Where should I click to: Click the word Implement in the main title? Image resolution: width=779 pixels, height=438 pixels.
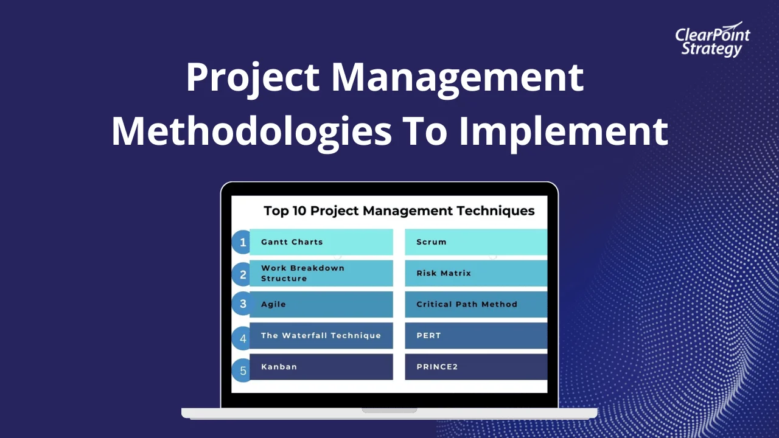point(563,131)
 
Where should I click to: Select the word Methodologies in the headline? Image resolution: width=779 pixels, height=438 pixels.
point(251,131)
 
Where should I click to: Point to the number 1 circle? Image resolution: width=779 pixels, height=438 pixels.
point(243,242)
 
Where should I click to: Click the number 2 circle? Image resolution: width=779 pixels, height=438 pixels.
point(243,274)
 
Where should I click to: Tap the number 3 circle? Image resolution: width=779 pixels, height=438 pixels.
point(243,304)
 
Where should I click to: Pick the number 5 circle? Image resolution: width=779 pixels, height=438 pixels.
point(243,369)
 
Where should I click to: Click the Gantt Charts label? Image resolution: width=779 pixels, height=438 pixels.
point(292,242)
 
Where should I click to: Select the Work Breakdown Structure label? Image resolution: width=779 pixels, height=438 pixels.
point(302,273)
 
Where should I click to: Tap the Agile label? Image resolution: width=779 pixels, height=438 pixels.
point(273,304)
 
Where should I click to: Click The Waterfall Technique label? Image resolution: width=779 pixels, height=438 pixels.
point(321,335)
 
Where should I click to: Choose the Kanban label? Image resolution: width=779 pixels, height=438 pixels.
point(279,367)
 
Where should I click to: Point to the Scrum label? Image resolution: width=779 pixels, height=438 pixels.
point(431,242)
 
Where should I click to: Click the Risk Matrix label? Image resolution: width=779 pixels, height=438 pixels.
point(444,273)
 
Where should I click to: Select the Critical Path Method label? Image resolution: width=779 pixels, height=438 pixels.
point(467,304)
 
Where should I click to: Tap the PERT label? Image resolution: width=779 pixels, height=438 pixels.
point(428,335)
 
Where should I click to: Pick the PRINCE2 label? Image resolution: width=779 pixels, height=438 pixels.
point(437,367)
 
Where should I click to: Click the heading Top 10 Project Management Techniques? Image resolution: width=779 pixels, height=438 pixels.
point(399,211)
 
